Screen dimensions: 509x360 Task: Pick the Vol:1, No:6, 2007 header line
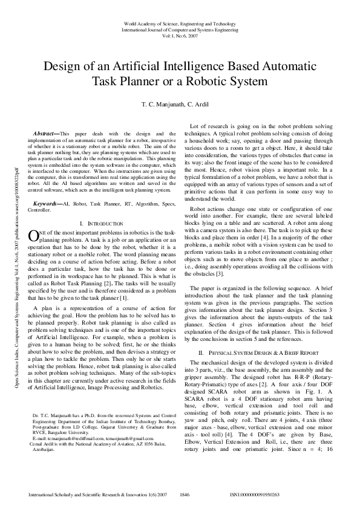tap(179, 35)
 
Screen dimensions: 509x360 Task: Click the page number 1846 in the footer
tap(185, 494)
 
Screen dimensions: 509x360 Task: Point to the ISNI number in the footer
tap(255, 494)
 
